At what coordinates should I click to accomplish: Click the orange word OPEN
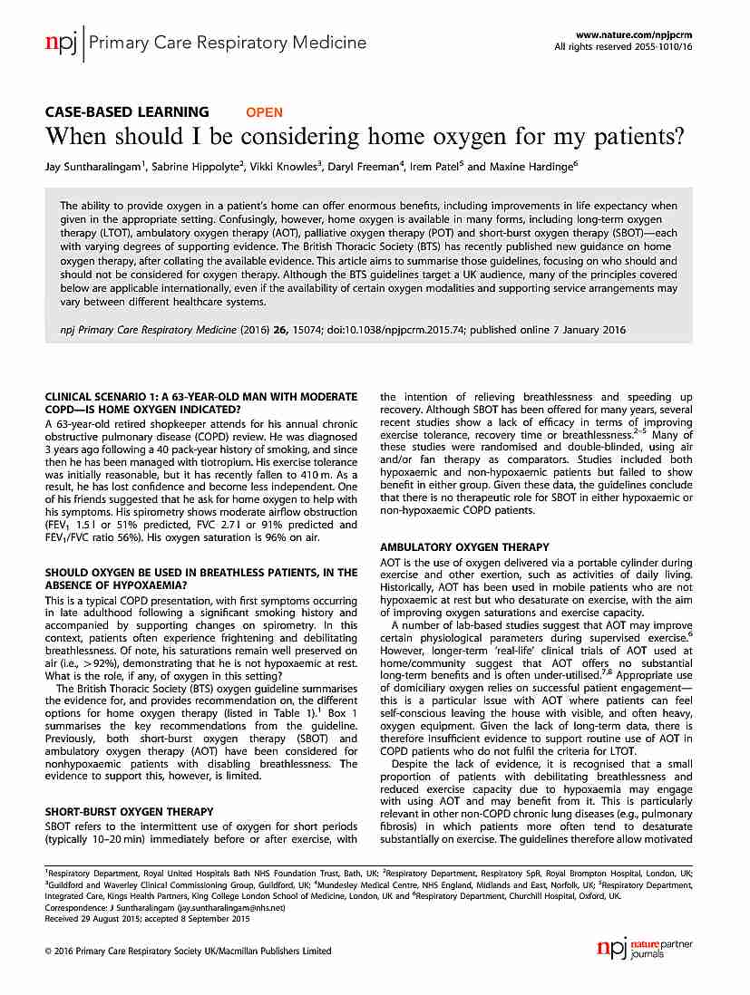pyautogui.click(x=265, y=112)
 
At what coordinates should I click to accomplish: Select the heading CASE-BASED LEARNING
pyautogui.click(x=127, y=112)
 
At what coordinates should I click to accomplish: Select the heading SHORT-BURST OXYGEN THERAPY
pyautogui.click(x=130, y=811)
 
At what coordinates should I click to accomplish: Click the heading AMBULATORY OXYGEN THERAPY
pyautogui.click(x=464, y=547)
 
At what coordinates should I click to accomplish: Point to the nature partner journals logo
pyautogui.click(x=645, y=949)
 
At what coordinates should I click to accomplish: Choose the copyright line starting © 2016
pyautogui.click(x=188, y=951)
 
